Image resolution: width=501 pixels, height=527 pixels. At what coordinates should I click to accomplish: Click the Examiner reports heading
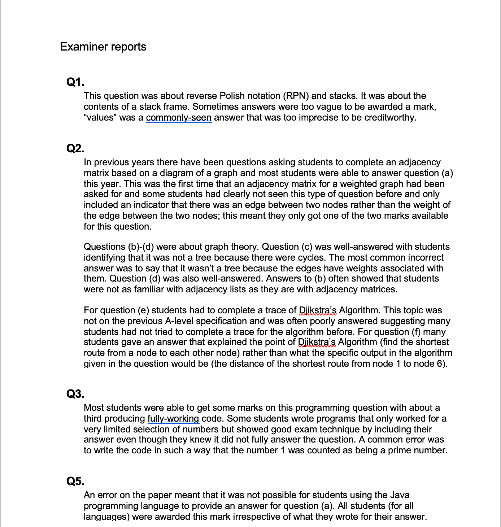coord(103,47)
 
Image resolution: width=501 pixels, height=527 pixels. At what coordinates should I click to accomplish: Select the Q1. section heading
coord(75,82)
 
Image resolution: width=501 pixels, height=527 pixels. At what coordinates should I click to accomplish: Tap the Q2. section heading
coord(75,148)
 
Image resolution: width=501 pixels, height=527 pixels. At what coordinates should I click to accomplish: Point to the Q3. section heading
coord(75,394)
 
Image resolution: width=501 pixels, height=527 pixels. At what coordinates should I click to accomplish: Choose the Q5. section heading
coord(75,481)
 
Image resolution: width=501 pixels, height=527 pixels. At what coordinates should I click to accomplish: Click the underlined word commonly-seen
coord(179,118)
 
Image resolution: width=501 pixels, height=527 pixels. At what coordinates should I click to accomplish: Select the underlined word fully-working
coord(173,419)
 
